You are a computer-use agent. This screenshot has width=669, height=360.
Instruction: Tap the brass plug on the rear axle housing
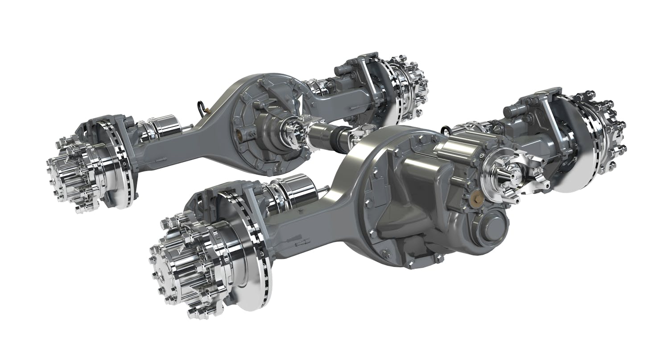click(x=243, y=132)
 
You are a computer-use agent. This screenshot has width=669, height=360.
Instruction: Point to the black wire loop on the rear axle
click(x=202, y=108)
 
